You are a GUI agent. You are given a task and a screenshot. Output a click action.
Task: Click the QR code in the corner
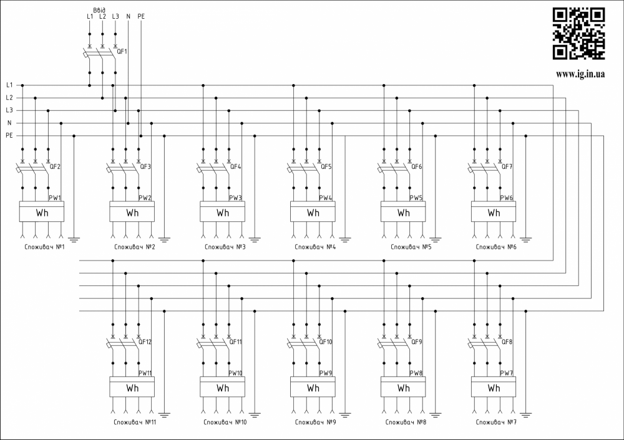[579, 34]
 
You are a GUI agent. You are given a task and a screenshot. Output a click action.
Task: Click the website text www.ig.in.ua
[580, 74]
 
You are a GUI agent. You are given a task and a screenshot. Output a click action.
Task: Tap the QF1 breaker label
[122, 51]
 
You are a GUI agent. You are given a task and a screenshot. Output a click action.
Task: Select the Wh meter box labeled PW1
[42, 213]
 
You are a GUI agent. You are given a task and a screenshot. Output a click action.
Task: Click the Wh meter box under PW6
[494, 213]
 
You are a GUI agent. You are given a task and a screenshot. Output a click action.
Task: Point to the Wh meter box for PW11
[132, 388]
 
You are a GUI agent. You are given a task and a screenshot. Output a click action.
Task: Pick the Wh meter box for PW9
[313, 388]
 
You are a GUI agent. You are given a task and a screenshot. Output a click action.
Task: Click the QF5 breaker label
[326, 167]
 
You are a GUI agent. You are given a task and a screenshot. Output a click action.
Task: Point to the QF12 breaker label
[145, 342]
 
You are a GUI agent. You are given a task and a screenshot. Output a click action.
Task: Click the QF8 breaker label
[507, 342]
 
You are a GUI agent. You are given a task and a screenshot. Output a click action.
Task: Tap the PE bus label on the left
[9, 135]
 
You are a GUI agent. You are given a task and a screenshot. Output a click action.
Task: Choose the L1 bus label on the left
[9, 85]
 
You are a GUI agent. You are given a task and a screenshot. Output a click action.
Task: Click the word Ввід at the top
[99, 9]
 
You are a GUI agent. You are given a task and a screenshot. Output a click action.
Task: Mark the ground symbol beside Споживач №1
[74, 237]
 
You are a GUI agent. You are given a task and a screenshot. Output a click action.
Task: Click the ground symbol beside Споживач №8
[436, 413]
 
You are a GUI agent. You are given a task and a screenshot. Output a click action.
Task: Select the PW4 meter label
[326, 198]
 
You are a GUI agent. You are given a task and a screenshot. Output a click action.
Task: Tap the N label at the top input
[128, 16]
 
